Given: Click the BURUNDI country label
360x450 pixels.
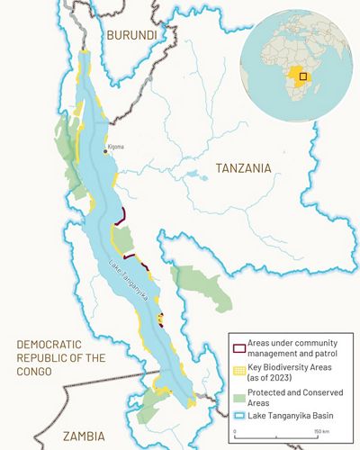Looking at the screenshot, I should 130,35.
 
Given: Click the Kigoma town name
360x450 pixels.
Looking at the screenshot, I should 117,146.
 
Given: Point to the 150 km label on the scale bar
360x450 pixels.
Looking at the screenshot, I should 319,432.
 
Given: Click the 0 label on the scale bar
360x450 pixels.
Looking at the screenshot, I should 235,432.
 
